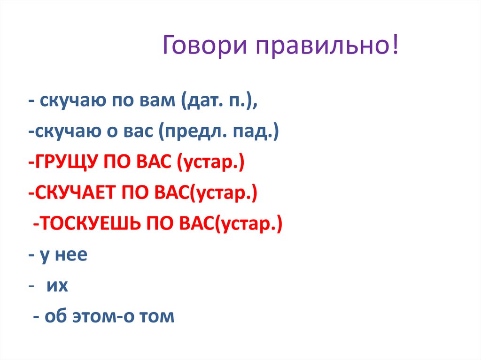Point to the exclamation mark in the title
[396, 47]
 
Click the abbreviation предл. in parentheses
[191, 133]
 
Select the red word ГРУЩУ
[63, 164]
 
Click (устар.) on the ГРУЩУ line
[210, 164]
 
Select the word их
[57, 286]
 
